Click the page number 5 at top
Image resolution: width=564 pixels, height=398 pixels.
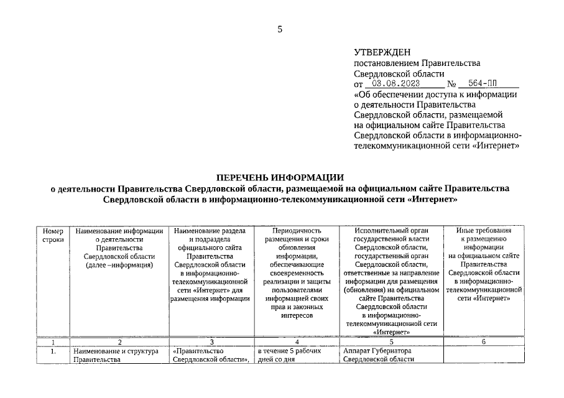[280, 29]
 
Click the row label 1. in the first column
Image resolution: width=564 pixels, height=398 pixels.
[53, 351]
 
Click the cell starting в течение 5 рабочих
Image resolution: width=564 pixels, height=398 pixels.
[289, 355]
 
